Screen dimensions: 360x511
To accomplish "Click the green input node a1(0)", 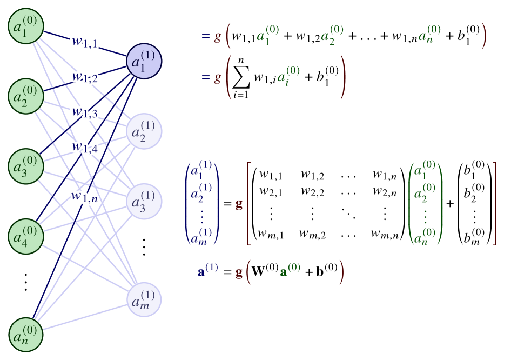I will pyautogui.click(x=25, y=26).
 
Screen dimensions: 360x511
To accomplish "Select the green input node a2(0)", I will pyautogui.click(x=25, y=96).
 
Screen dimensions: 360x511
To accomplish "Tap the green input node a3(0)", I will pyautogui.click(x=25, y=166).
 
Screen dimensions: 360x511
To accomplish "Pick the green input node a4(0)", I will pyautogui.click(x=25, y=236).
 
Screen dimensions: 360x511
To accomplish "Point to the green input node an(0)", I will pyautogui.click(x=25, y=334).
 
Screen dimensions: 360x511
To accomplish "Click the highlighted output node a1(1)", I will pyautogui.click(x=144, y=61).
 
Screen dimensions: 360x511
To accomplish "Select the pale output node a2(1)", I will pyautogui.click(x=144, y=131).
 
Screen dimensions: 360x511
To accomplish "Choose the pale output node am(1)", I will pyautogui.click(x=144, y=299).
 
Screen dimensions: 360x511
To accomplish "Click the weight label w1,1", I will pyautogui.click(x=85, y=42).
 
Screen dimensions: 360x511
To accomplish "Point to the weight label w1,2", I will pyautogui.click(x=85, y=77).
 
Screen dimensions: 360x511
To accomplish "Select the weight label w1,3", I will pyautogui.click(x=85, y=112).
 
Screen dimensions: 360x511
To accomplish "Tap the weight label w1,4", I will pyautogui.click(x=85, y=147).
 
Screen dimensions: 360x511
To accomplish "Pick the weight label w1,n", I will pyautogui.click(x=85, y=196).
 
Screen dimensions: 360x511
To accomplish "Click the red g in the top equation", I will pyautogui.click(x=218, y=36).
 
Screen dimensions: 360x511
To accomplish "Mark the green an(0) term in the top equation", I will pyautogui.click(x=429, y=35).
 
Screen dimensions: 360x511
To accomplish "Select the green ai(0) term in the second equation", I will pyautogui.click(x=288, y=76).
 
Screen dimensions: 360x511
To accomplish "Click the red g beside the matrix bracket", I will pyautogui.click(x=239, y=204).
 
